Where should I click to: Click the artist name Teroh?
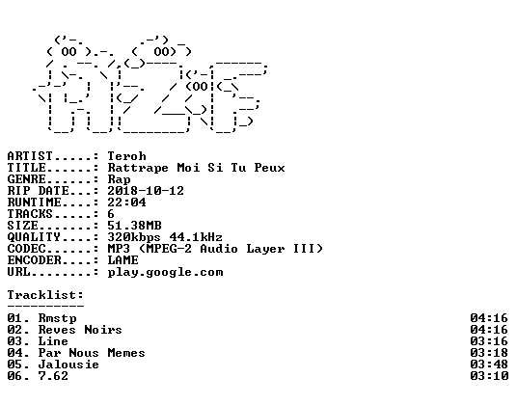click(126, 156)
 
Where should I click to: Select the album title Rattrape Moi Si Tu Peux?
click(196, 168)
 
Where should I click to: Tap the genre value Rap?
click(119, 179)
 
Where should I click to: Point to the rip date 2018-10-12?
click(146, 191)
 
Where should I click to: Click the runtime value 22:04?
click(126, 202)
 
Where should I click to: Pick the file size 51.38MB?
click(134, 226)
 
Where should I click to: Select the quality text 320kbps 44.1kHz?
click(165, 237)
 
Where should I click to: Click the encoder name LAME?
click(123, 260)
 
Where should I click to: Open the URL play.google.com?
click(165, 273)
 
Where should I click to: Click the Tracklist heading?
click(45, 295)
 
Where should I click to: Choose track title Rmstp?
click(57, 318)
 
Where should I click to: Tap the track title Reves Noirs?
click(80, 330)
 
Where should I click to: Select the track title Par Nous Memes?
click(92, 353)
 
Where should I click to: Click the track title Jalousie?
click(68, 364)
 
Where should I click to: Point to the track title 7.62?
click(53, 376)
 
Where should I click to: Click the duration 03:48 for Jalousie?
click(489, 364)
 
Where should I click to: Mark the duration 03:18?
click(489, 353)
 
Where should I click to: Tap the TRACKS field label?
click(30, 214)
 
